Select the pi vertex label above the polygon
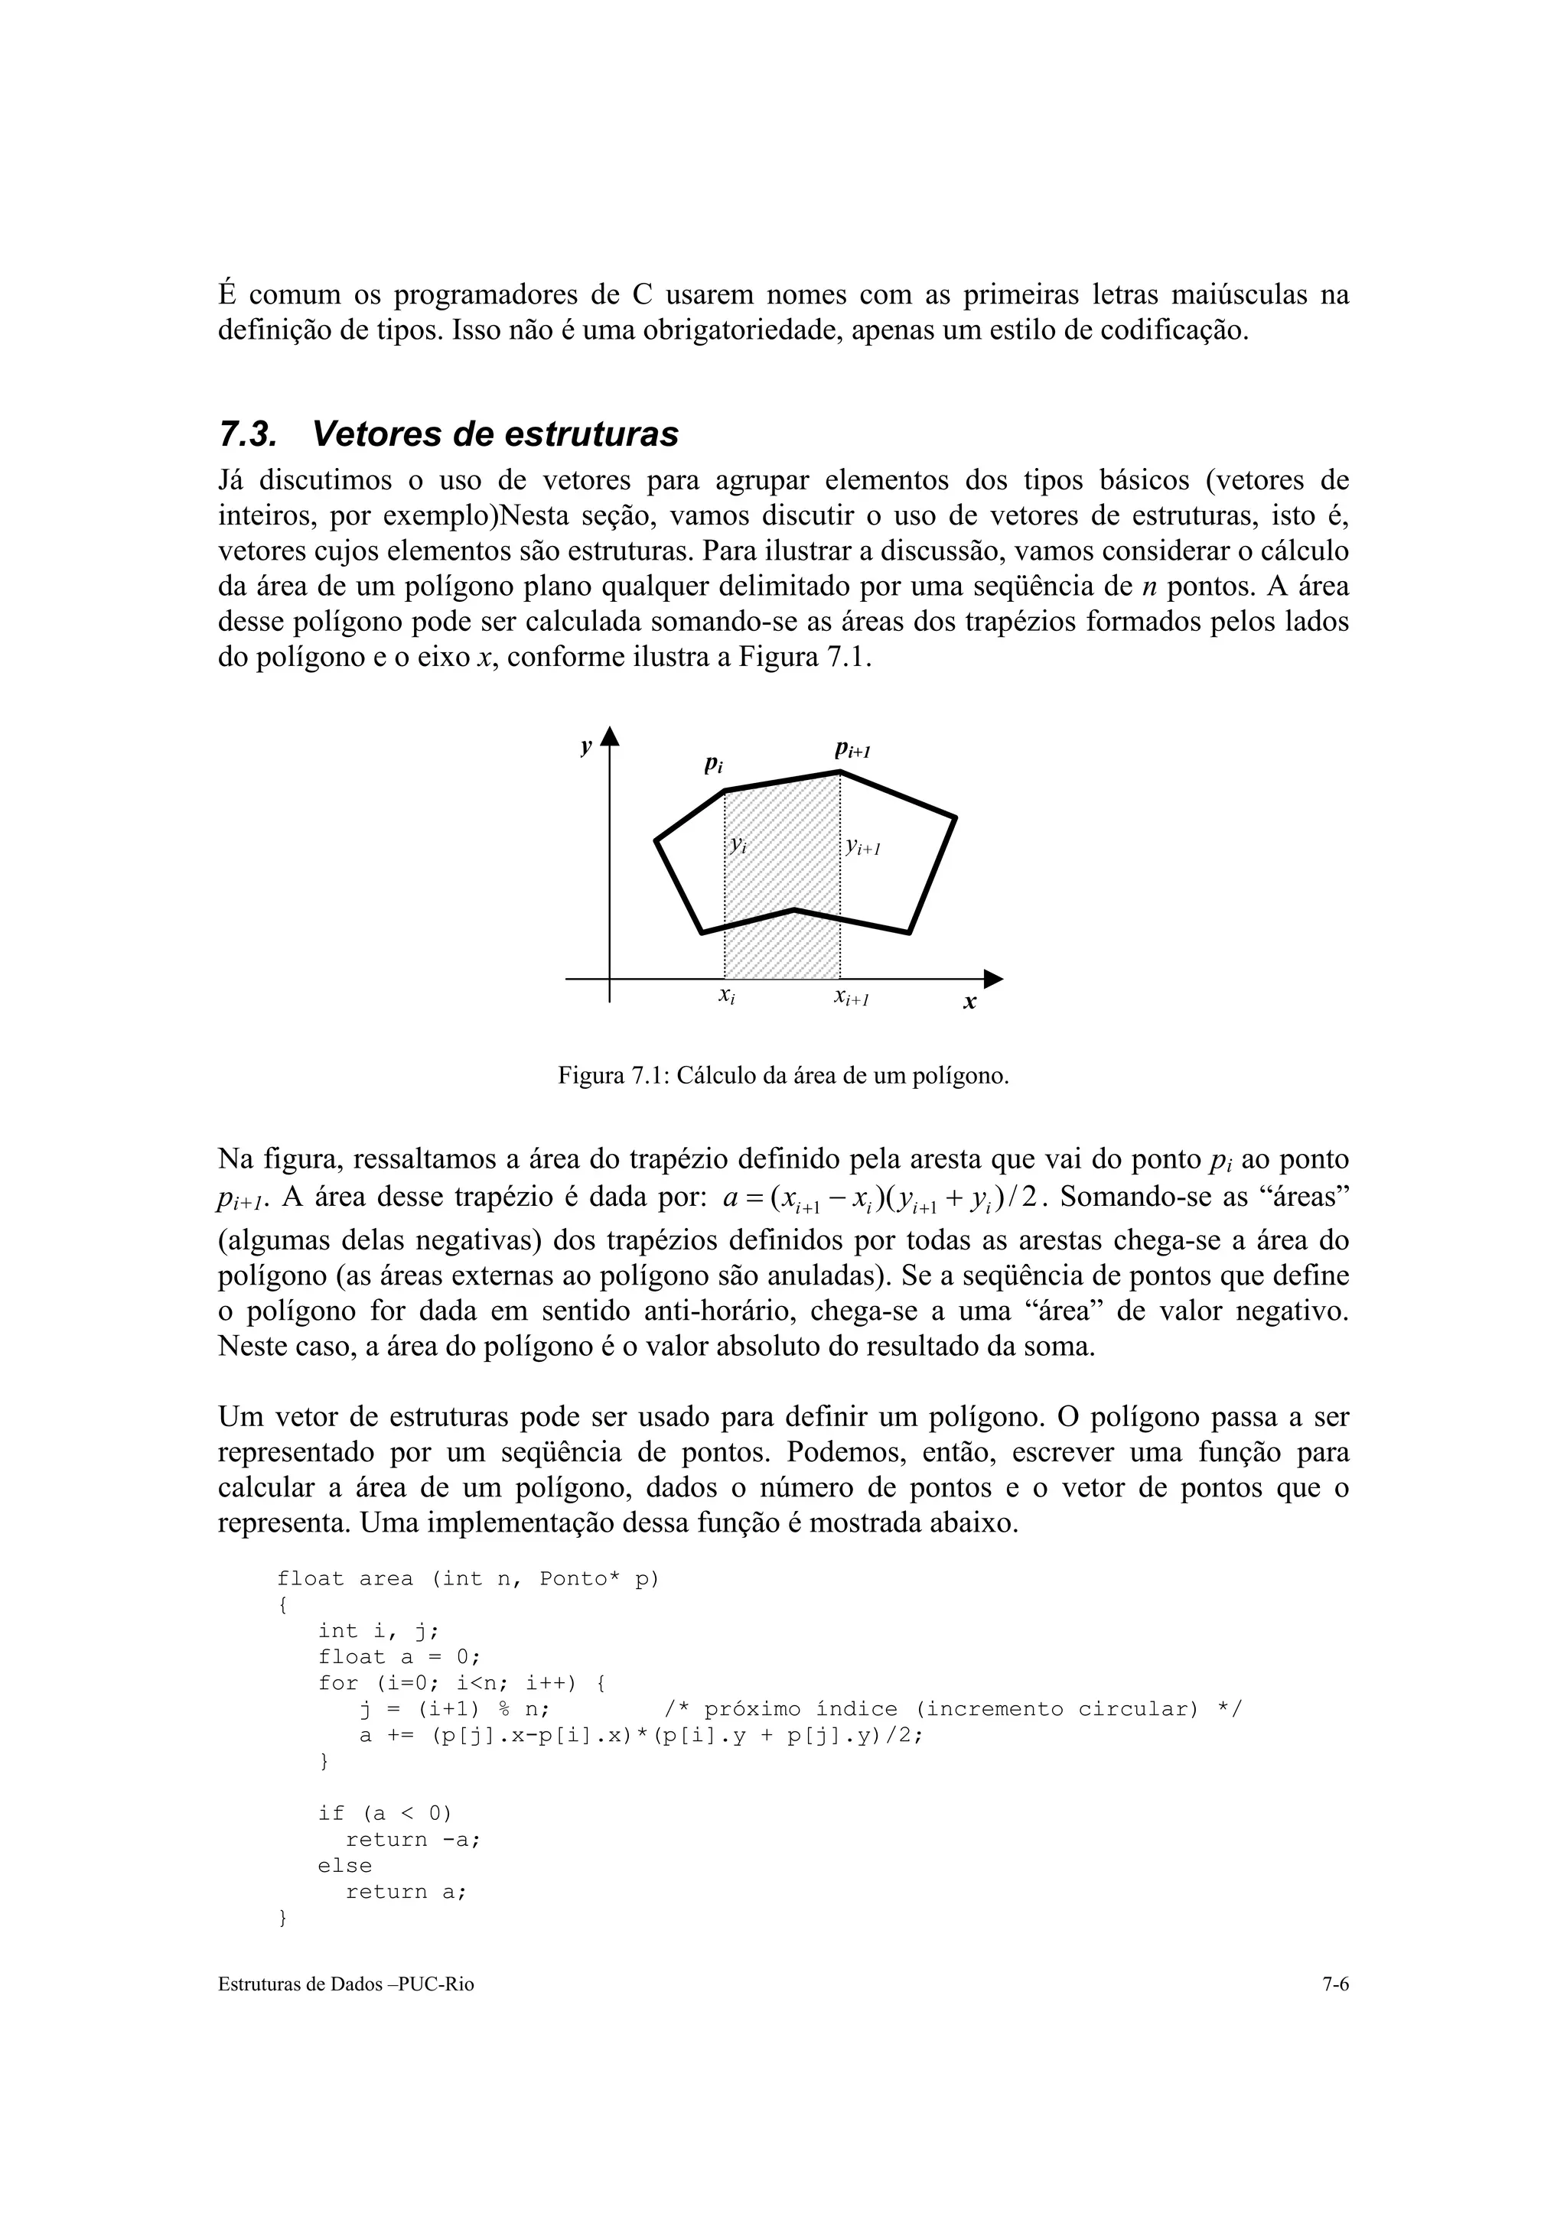point(712,765)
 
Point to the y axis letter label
point(585,746)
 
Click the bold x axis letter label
point(969,1004)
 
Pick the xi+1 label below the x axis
point(852,998)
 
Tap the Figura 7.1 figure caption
point(783,1075)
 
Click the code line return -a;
point(413,1840)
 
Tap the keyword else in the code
point(344,1866)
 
